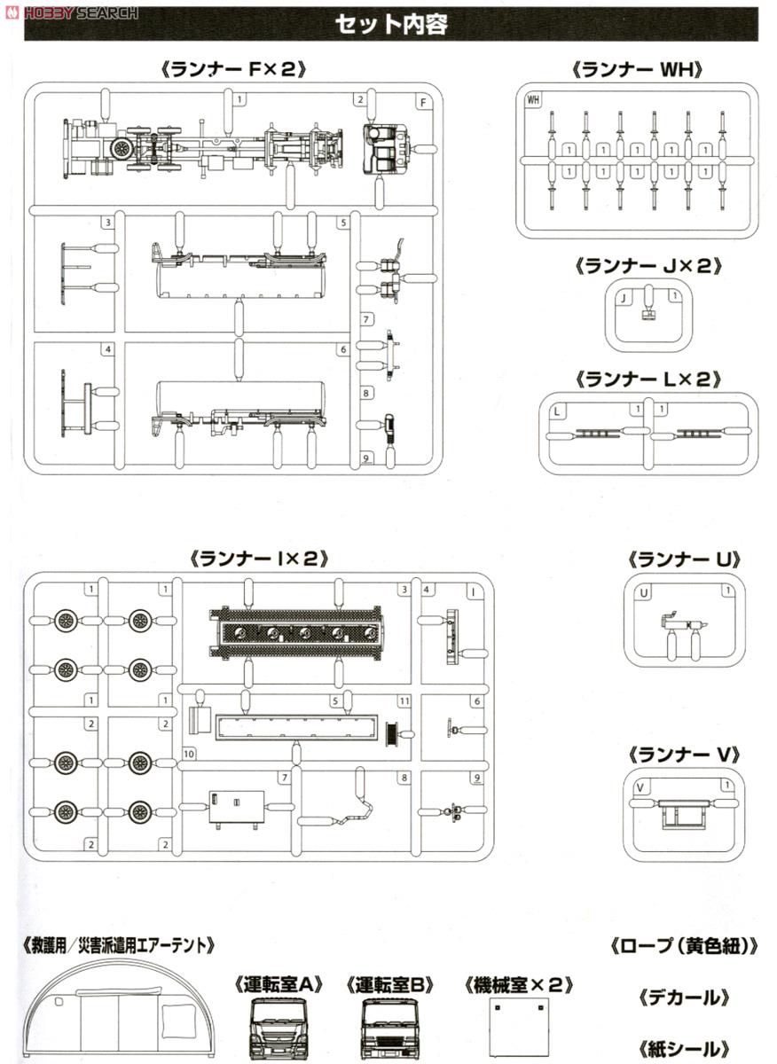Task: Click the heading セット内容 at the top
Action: tap(391, 24)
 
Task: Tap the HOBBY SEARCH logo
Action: tap(71, 12)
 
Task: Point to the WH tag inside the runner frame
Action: tap(533, 99)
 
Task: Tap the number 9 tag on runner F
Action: tap(366, 458)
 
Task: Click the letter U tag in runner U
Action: tap(644, 591)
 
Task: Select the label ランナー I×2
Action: tap(258, 559)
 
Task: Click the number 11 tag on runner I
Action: tap(404, 700)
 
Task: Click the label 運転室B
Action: tap(389, 983)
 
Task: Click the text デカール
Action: tap(683, 997)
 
